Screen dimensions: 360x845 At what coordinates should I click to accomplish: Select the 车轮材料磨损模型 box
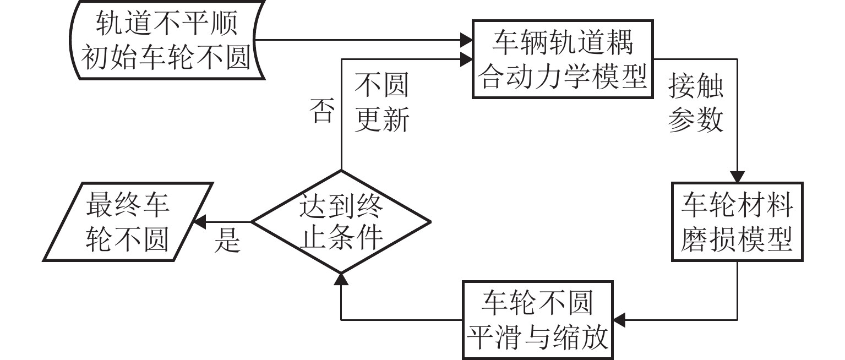tap(737, 221)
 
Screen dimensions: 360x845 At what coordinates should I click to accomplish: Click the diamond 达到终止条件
tap(341, 222)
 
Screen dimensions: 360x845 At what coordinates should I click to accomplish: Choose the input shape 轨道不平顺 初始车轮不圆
tap(164, 41)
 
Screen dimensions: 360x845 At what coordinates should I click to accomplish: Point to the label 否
tap(322, 111)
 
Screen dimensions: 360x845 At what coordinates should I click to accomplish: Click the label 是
tap(227, 240)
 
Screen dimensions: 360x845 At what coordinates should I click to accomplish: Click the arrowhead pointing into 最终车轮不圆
tap(197, 222)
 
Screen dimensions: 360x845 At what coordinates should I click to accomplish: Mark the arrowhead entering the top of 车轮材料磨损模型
tap(737, 176)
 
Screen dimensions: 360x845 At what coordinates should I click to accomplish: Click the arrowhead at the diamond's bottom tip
tap(341, 279)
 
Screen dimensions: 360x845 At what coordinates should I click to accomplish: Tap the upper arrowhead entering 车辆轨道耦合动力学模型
tap(467, 40)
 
